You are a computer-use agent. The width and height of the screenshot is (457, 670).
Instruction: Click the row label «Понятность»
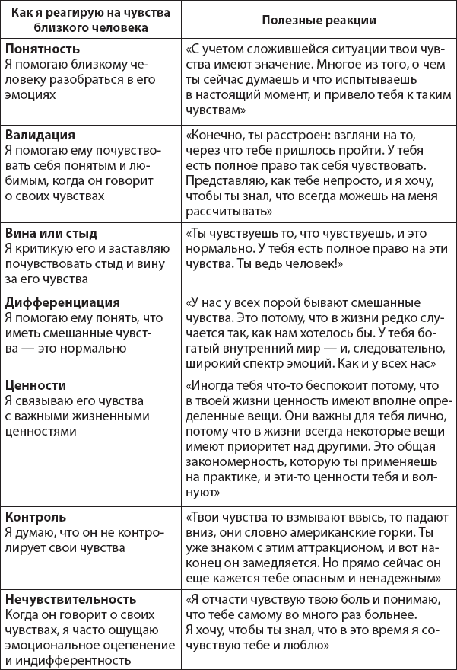click(38, 47)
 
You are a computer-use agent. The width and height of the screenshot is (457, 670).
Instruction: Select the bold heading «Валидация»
click(37, 135)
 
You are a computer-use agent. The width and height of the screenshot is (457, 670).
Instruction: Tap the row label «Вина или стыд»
click(51, 233)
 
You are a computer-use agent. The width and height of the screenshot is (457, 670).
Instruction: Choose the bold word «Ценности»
click(35, 385)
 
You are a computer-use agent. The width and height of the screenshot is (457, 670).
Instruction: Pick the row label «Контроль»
click(35, 517)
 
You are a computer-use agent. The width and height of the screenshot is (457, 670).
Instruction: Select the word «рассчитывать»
click(221, 212)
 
